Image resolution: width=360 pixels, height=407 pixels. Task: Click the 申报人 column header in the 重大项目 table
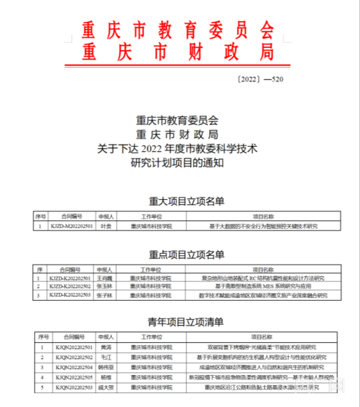(x=106, y=217)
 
